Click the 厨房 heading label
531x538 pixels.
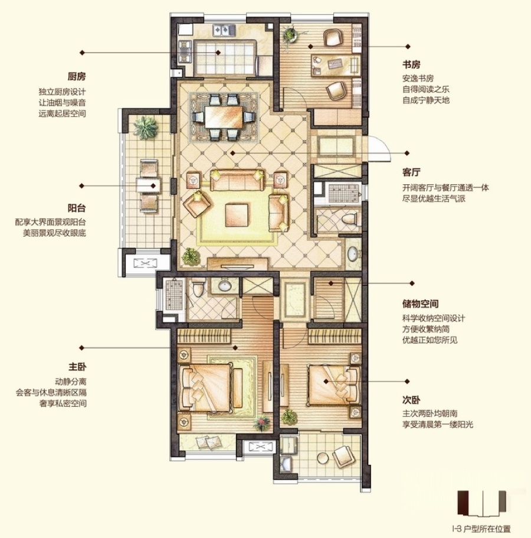click(x=77, y=77)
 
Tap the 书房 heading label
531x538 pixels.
click(x=411, y=64)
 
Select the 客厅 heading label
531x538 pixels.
click(x=411, y=172)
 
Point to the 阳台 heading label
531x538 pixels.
click(x=77, y=208)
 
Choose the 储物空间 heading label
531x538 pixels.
click(x=420, y=304)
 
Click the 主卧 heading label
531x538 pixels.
click(x=77, y=367)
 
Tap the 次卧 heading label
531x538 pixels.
click(x=411, y=400)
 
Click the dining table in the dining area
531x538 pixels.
click(x=224, y=117)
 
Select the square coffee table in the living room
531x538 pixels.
click(x=237, y=215)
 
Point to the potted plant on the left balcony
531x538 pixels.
click(x=146, y=128)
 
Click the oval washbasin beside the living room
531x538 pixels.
click(x=353, y=254)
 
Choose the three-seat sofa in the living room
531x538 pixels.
click(x=237, y=180)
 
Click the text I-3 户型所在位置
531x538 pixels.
click(x=481, y=529)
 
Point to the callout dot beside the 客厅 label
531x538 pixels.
click(x=407, y=153)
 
